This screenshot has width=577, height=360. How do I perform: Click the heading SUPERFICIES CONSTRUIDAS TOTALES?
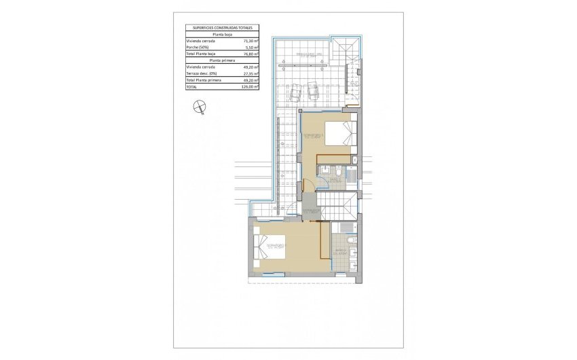[x=222, y=28]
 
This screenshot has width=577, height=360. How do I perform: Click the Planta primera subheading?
[x=222, y=60]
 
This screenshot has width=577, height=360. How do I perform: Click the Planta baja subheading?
[x=222, y=34]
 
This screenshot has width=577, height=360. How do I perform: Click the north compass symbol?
[x=198, y=105]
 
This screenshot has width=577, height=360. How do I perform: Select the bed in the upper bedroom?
[x=339, y=133]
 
